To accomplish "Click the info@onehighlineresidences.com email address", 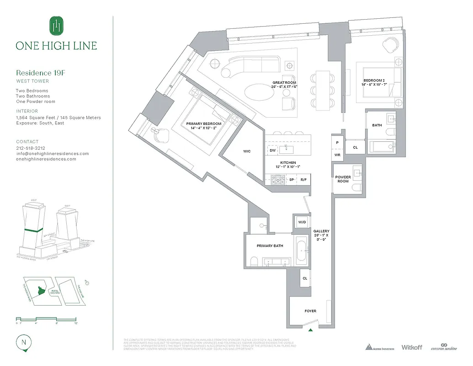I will tap(52, 154).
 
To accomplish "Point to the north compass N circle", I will tap(22, 342).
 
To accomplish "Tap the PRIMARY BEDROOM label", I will tap(203, 124).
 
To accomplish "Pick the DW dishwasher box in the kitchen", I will tap(272, 150).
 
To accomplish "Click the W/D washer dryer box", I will tap(302, 222).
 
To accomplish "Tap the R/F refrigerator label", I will tap(304, 180).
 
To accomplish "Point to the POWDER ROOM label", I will tap(343, 179).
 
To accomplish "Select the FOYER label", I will tap(310, 311).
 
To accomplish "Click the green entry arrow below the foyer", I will tap(311, 329).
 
